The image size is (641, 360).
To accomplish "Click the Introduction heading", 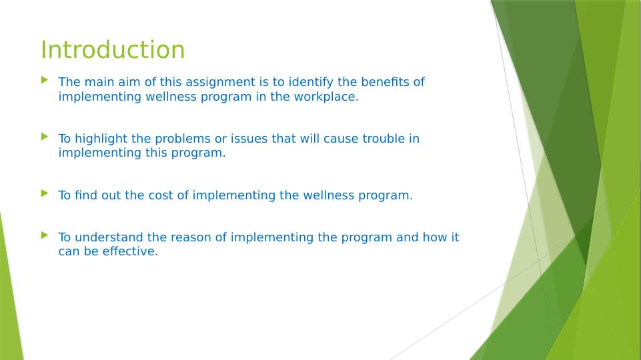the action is (113, 50).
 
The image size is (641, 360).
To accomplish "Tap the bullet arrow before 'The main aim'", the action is (45, 80).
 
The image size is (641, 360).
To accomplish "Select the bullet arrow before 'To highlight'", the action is (45, 137).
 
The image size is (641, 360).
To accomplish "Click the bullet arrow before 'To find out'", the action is (45, 193).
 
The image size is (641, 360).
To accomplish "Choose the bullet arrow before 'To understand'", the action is (45, 235).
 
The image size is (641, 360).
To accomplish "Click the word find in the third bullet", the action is (86, 195).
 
